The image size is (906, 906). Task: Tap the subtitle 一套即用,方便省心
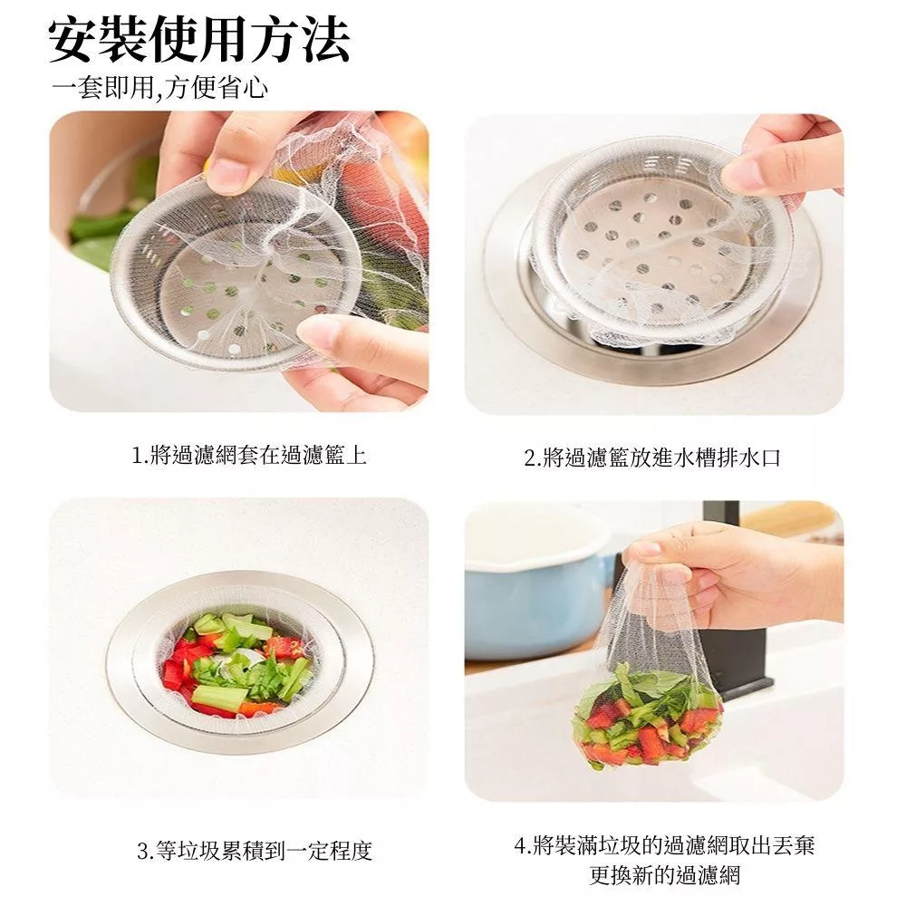pyautogui.click(x=160, y=89)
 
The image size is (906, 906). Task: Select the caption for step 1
pyautogui.click(x=249, y=456)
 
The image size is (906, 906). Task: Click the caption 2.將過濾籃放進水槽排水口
pyautogui.click(x=652, y=458)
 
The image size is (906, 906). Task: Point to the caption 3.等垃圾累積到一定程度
pyautogui.click(x=255, y=851)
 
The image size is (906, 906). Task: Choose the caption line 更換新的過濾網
pyautogui.click(x=664, y=875)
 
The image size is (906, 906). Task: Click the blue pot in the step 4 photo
pyautogui.click(x=537, y=601)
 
